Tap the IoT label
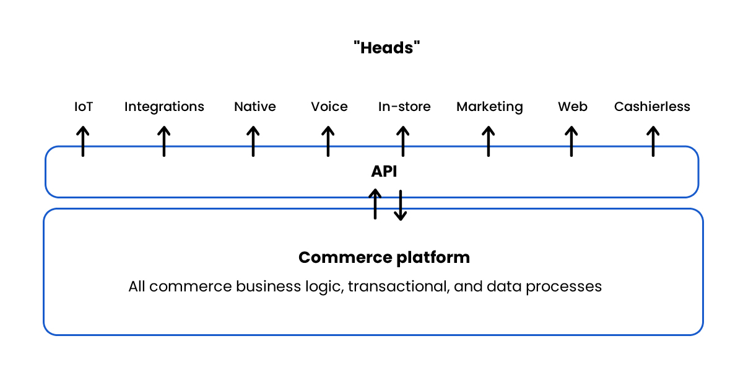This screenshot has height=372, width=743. coord(84,107)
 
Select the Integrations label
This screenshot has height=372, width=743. coord(164,107)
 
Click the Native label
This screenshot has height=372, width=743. coord(254,107)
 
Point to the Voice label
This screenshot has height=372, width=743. coord(329,107)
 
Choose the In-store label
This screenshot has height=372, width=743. coord(404,107)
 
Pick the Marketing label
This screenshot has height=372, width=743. coord(489,107)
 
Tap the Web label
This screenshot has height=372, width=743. coord(572,107)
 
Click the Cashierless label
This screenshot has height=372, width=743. coord(652,107)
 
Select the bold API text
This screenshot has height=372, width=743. coord(384,172)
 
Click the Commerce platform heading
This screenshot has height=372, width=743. coord(384,257)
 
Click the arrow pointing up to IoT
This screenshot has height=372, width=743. coord(82,141)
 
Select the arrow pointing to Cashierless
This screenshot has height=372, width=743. coord(653,141)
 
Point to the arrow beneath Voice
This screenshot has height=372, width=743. coord(328,141)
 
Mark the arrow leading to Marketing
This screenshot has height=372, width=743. coord(488,141)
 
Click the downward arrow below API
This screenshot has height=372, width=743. coord(401,205)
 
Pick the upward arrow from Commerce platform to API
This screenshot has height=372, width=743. coord(375,205)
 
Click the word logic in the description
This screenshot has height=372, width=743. coord(321,286)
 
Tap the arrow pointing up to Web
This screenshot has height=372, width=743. coord(571,141)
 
